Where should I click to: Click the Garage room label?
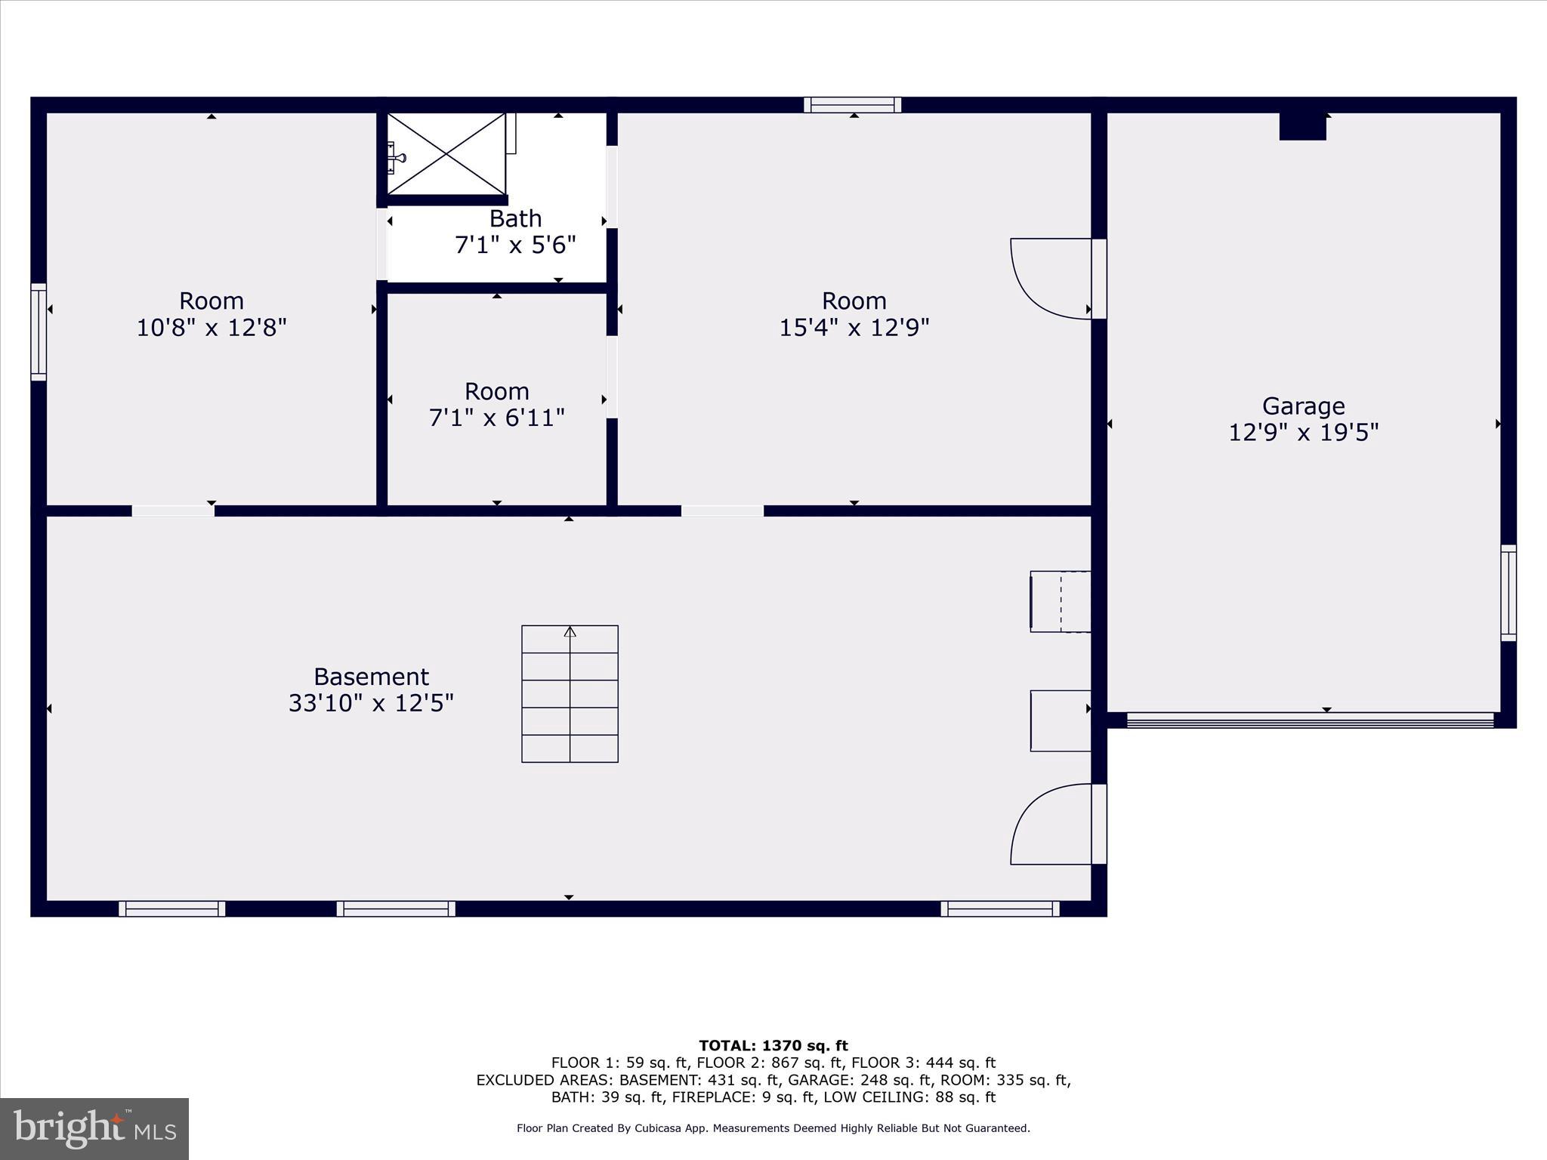pyautogui.click(x=1303, y=406)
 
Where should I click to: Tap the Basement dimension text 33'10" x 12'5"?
pyautogui.click(x=371, y=703)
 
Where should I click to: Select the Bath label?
pyautogui.click(x=515, y=219)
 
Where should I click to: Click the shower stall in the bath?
pyautogui.click(x=446, y=154)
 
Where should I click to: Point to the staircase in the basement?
pyautogui.click(x=570, y=693)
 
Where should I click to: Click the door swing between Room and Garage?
pyautogui.click(x=1050, y=278)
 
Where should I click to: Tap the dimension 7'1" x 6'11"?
pyautogui.click(x=496, y=418)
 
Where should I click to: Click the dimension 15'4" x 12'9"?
pyautogui.click(x=854, y=328)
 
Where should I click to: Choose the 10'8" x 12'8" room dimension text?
pyautogui.click(x=212, y=328)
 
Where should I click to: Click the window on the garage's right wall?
pyautogui.click(x=1508, y=593)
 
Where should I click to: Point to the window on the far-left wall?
pyautogui.click(x=39, y=332)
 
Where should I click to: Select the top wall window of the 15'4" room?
pyautogui.click(x=852, y=105)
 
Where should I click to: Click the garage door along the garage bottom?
pyautogui.click(x=1310, y=720)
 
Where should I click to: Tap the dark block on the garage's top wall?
pyautogui.click(x=1302, y=126)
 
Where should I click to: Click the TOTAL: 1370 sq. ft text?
pyautogui.click(x=773, y=1045)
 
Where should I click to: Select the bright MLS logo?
pyautogui.click(x=94, y=1128)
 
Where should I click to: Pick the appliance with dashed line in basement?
pyautogui.click(x=1061, y=601)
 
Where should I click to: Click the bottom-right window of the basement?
pyautogui.click(x=999, y=909)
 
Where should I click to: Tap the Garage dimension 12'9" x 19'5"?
pyautogui.click(x=1303, y=433)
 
